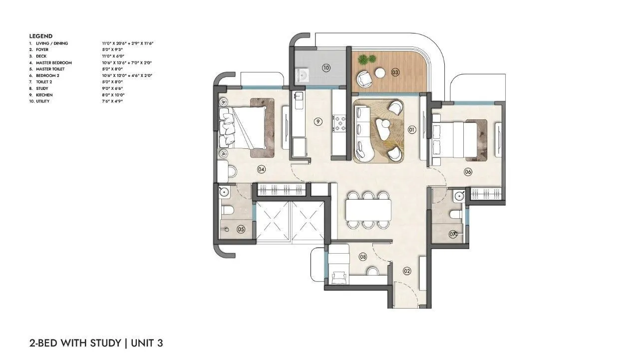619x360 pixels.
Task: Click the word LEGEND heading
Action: pos(40,36)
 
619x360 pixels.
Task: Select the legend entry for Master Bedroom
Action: pos(54,62)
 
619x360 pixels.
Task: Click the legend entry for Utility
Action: pos(42,101)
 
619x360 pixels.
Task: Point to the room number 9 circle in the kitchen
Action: pos(317,121)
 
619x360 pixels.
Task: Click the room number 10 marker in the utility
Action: pos(326,68)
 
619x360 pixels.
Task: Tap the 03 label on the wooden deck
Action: pos(395,72)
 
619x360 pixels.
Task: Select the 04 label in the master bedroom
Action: pos(261,169)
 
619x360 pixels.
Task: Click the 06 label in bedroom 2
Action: pos(468,172)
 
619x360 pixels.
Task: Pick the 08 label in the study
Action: pos(363,257)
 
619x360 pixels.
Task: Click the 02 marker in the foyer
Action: pos(407,271)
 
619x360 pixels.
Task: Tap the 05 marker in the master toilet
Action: pos(241,230)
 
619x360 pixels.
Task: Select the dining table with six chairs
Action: pos(368,210)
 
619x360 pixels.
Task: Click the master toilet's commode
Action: pos(227,211)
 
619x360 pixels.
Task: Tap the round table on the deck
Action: pos(380,73)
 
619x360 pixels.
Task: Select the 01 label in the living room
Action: pos(412,130)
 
